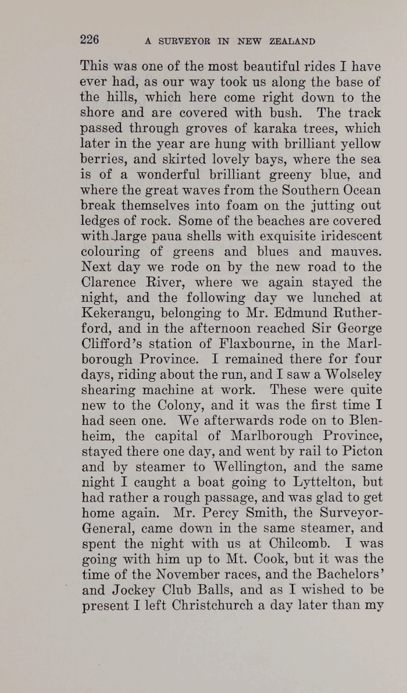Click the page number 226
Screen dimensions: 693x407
[x=90, y=40]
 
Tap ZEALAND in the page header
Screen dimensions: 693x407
[x=292, y=41]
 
